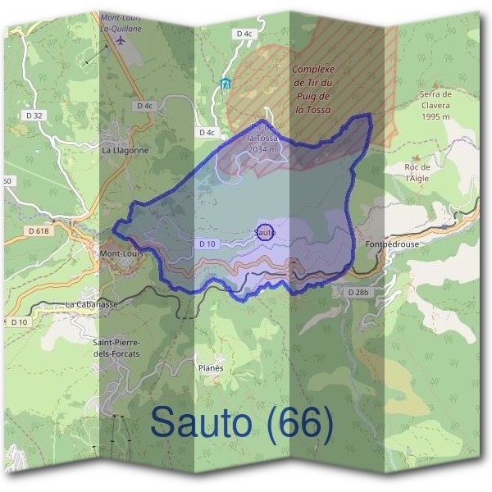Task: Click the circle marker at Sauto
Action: click(x=264, y=232)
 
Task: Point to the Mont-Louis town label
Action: click(x=121, y=254)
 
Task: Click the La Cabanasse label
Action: click(x=92, y=304)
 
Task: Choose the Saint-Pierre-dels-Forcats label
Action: click(x=116, y=348)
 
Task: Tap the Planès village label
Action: click(x=211, y=368)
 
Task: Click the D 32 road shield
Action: click(x=34, y=116)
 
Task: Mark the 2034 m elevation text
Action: click(x=262, y=149)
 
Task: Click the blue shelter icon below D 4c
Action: click(x=225, y=82)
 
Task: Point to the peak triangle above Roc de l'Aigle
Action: click(x=417, y=156)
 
